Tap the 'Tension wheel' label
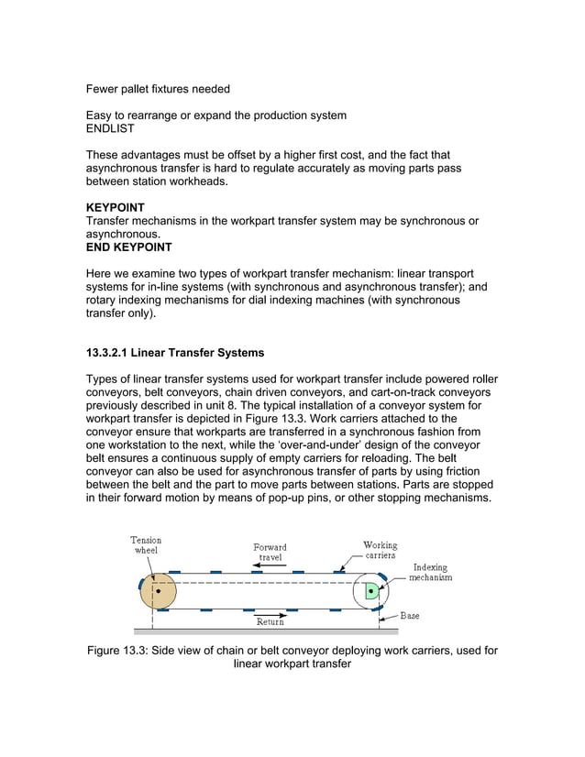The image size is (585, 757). (146, 545)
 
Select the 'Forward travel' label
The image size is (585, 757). (270, 552)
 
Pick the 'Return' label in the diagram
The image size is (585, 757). (270, 622)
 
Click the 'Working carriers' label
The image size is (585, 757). (381, 550)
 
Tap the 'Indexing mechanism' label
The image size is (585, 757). (430, 572)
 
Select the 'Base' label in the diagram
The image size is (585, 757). (410, 615)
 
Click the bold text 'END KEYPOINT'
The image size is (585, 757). (128, 247)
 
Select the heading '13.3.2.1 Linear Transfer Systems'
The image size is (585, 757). (174, 353)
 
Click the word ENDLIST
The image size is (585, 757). (110, 129)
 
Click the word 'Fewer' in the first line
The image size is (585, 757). (105, 89)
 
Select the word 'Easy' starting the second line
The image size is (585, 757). (102, 115)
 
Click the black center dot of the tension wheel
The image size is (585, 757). (159, 591)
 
